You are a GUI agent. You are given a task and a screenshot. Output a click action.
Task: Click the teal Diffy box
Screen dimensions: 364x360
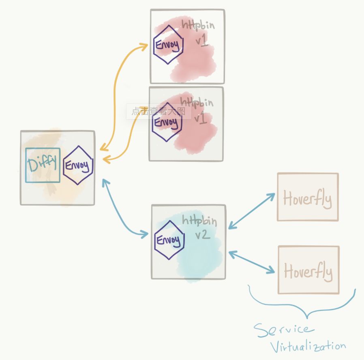(43, 165)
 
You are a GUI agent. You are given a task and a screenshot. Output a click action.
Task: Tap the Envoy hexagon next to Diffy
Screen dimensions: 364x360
(78, 165)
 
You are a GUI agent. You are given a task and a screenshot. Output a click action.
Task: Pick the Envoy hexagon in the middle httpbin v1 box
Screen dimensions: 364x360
(167, 122)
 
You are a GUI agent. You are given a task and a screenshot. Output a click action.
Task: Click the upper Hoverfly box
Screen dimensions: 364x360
(308, 197)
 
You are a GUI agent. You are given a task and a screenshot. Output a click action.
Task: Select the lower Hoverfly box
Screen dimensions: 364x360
(308, 270)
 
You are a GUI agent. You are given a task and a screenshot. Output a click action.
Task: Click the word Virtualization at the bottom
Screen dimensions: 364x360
(308, 347)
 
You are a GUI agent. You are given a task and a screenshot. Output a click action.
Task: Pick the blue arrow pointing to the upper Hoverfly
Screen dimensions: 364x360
(252, 211)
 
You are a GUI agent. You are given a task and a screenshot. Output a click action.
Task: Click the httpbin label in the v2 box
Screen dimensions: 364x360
(199, 221)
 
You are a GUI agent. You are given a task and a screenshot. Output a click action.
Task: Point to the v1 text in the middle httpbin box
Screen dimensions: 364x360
(201, 118)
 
